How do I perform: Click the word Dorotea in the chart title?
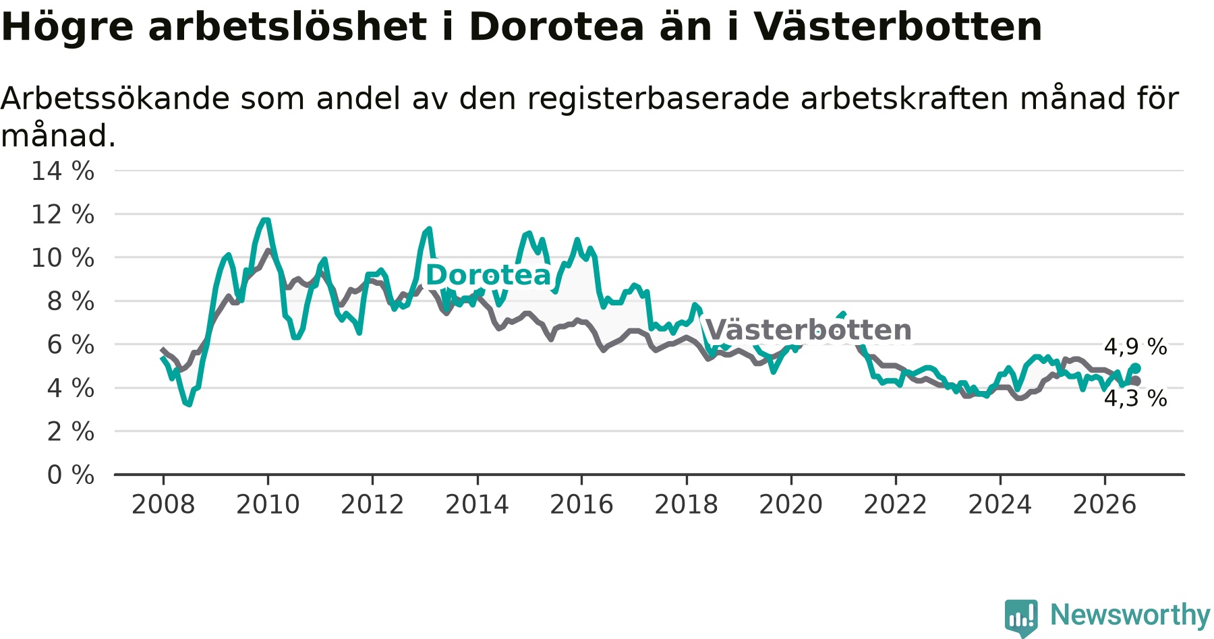556,27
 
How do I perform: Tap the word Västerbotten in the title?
898,27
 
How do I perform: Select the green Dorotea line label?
488,275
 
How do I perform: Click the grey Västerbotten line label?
808,330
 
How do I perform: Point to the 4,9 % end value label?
1135,347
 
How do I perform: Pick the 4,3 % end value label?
1135,398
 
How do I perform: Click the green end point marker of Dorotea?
1135,368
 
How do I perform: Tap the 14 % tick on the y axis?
63,171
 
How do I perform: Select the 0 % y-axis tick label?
71,475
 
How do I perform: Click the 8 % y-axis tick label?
71,301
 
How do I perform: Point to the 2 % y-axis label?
71,431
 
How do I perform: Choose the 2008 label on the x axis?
163,504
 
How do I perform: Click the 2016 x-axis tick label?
581,504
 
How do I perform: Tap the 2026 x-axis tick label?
1105,504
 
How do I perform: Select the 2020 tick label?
791,504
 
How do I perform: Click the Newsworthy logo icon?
1021,617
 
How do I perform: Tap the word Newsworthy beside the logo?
1130,615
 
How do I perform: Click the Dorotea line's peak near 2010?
266,220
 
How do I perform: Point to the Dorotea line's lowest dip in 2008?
189,404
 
